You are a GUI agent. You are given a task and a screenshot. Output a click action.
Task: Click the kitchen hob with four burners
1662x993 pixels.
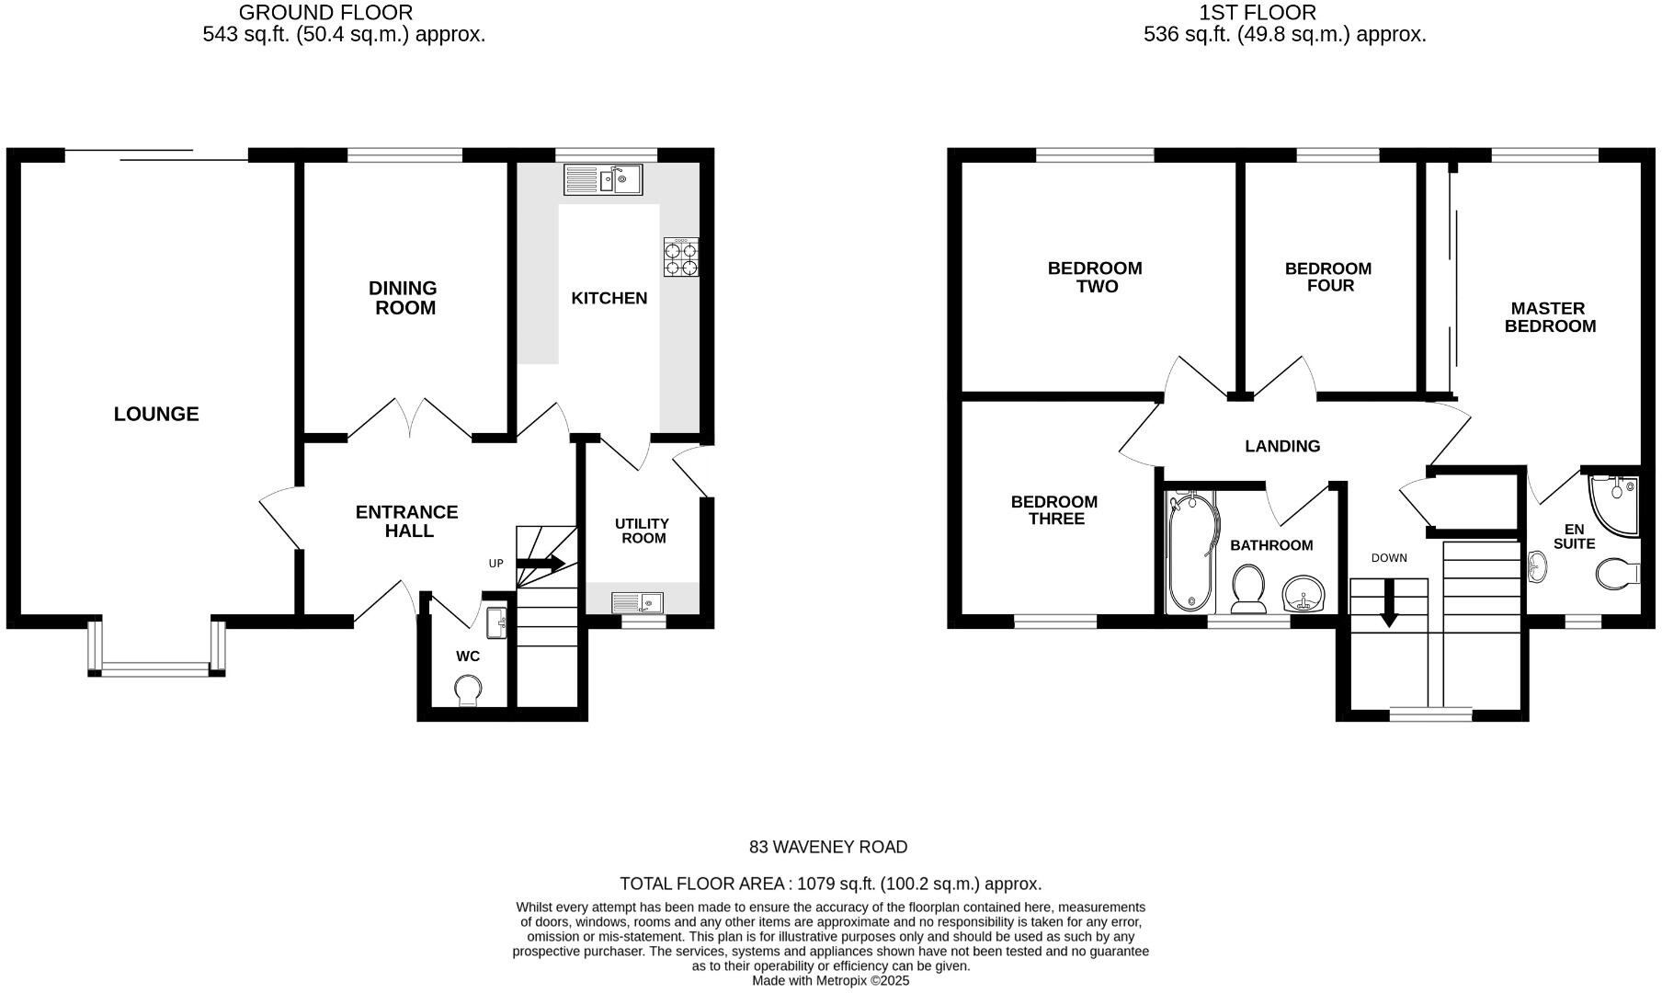click(x=681, y=257)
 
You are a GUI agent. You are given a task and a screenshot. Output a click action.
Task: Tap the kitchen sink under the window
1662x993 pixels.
click(x=603, y=179)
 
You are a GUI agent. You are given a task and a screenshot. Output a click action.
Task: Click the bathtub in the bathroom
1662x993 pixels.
click(x=1190, y=552)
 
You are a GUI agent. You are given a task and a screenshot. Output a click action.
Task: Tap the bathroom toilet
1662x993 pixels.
click(x=1248, y=588)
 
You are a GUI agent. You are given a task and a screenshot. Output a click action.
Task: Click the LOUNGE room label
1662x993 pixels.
click(x=156, y=415)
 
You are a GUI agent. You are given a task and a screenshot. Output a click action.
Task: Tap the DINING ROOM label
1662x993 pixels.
click(x=404, y=298)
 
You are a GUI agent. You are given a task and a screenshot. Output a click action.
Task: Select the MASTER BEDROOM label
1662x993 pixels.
click(x=1550, y=317)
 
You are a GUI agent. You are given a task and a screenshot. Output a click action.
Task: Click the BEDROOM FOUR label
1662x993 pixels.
click(x=1328, y=277)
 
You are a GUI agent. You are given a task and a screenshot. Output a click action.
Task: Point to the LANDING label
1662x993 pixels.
click(x=1282, y=446)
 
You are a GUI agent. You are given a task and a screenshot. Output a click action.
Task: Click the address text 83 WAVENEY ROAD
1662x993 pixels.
click(x=828, y=847)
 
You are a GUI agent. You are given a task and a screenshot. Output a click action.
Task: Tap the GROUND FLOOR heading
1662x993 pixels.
click(x=325, y=13)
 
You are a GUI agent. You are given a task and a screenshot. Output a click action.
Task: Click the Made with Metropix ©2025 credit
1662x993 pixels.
click(x=831, y=981)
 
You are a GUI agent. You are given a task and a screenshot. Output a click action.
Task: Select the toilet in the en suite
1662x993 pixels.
click(x=1617, y=574)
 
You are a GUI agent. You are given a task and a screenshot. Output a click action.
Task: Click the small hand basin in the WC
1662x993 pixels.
click(x=497, y=622)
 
